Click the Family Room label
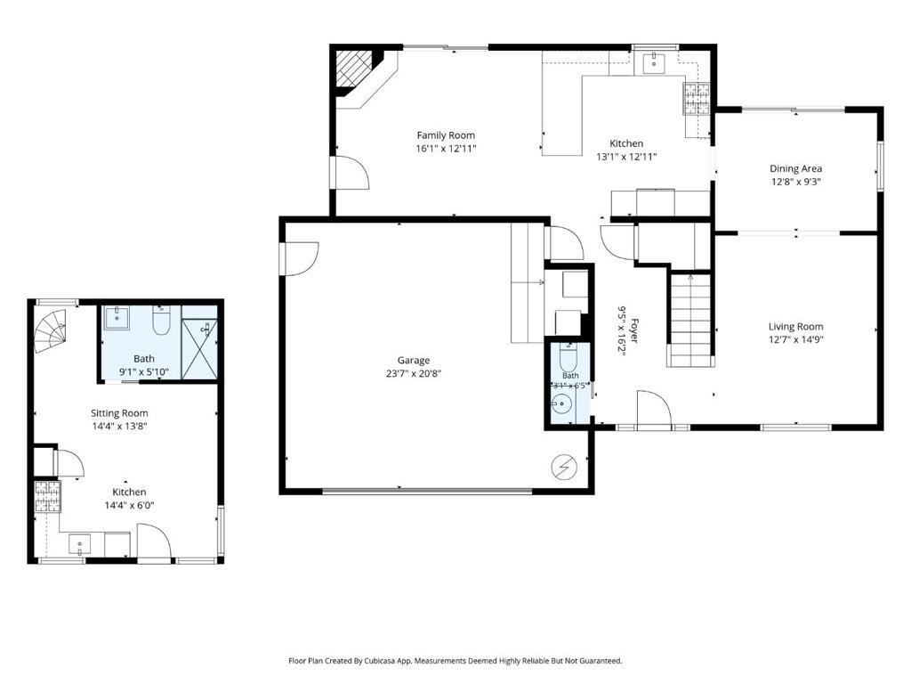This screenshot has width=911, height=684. coord(446,135)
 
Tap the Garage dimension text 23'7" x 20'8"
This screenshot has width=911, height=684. coord(413,373)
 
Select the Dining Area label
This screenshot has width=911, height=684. coord(795,168)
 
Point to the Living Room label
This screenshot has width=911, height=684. coord(795,327)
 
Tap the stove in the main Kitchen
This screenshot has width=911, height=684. coord(697,98)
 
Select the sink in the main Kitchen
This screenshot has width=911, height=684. coord(655,63)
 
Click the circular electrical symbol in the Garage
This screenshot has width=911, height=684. coord(563,467)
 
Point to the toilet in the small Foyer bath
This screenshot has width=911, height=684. coord(568,358)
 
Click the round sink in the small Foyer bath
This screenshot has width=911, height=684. coord(561,403)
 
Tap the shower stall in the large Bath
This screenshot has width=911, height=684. coord(200,349)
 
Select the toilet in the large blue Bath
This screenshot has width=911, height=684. coord(161,321)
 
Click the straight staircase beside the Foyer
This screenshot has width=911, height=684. coord(690,320)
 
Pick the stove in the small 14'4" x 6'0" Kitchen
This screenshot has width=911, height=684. coord(47,497)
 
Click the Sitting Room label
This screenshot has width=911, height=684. coord(119,413)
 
